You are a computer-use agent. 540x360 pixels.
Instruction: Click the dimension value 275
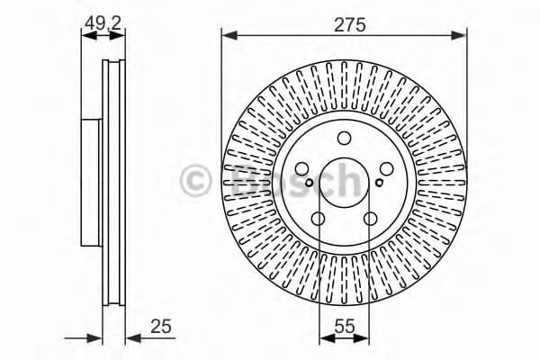(x=350, y=25)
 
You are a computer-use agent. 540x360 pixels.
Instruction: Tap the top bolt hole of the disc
(x=344, y=139)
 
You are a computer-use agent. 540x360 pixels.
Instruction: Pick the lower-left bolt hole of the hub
(x=318, y=219)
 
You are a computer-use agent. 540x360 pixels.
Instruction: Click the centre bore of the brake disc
(x=344, y=184)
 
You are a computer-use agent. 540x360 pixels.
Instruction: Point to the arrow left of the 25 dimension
(x=94, y=338)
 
